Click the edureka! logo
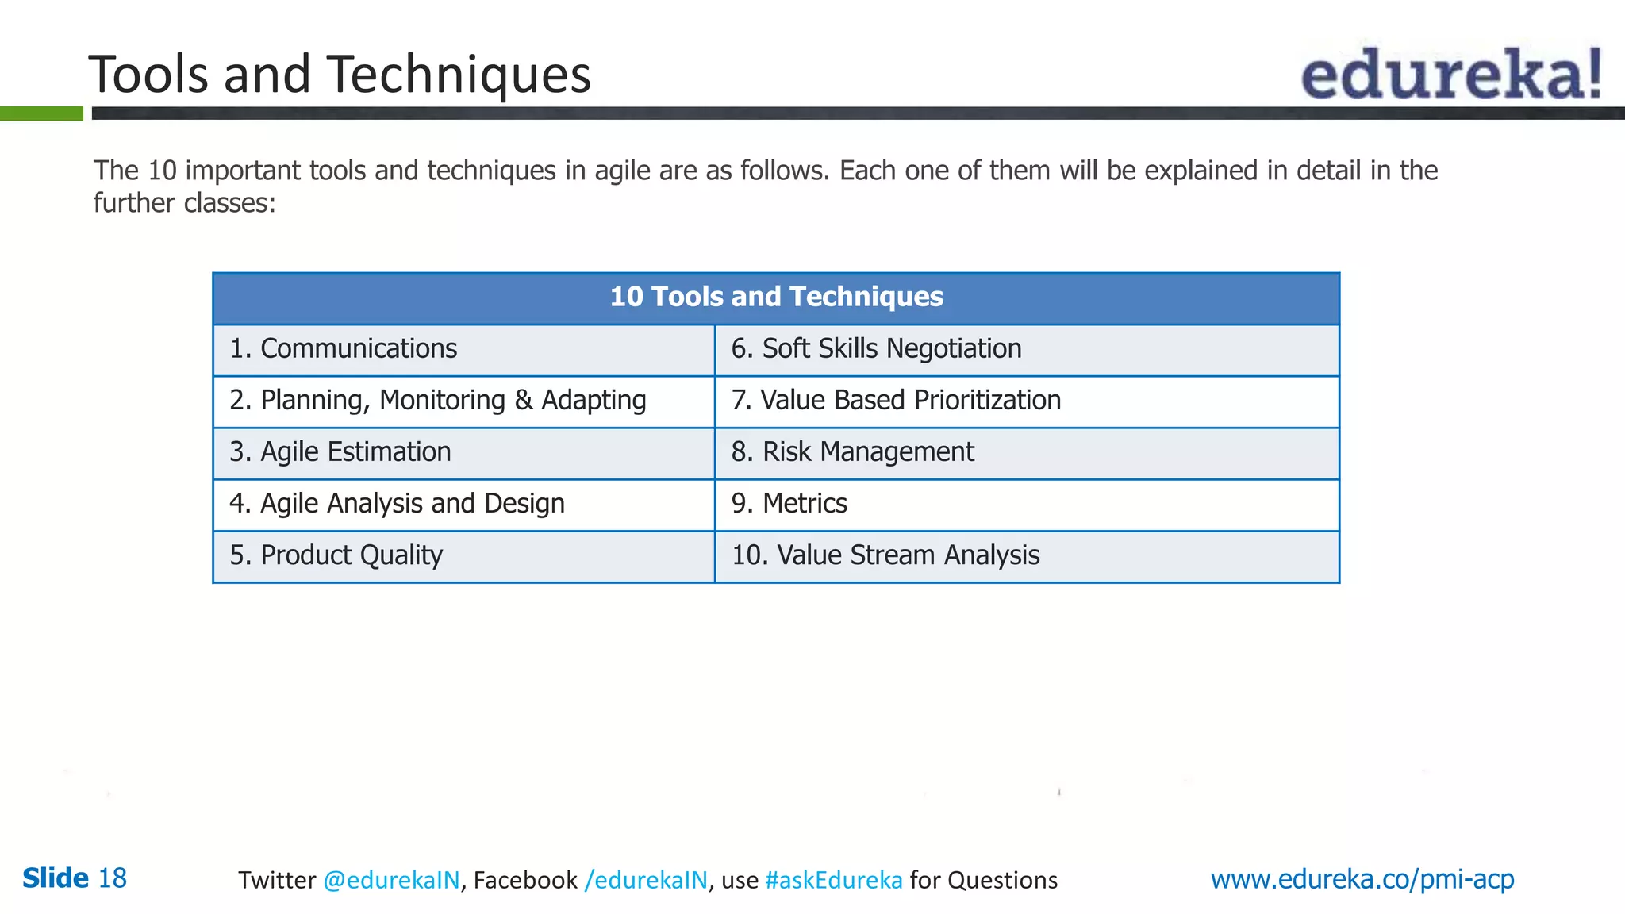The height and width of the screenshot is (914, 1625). click(1450, 74)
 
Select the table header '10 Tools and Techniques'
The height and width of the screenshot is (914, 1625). click(776, 297)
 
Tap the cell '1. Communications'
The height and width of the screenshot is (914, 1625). click(343, 349)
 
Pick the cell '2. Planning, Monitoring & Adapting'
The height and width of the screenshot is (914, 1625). click(437, 401)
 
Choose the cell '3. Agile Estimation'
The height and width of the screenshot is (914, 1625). click(340, 452)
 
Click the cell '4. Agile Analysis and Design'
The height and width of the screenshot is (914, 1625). click(397, 504)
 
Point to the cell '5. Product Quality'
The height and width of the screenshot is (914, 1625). click(336, 555)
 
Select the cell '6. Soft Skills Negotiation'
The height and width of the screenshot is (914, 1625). click(876, 349)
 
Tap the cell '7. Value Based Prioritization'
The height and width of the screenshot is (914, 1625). click(896, 401)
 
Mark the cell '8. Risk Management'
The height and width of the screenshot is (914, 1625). click(852, 452)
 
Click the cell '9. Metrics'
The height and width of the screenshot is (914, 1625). click(789, 504)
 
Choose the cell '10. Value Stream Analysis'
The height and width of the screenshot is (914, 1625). click(885, 555)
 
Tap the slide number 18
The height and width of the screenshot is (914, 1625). click(112, 878)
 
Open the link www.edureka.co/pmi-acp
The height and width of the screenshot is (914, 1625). click(1362, 879)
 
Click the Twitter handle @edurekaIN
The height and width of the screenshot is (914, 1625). click(391, 880)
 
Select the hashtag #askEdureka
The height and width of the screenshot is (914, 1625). click(833, 880)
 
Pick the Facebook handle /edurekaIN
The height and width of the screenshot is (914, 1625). click(645, 880)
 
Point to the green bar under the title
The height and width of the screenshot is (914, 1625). click(41, 113)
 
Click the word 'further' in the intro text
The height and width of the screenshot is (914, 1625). click(133, 203)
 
